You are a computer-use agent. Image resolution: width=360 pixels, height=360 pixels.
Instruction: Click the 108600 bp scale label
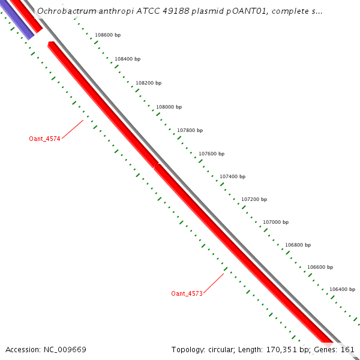tap(108, 35)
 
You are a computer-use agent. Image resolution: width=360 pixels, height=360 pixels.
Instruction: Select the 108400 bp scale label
tap(127, 59)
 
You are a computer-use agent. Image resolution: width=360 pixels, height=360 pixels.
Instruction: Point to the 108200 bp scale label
tap(148, 83)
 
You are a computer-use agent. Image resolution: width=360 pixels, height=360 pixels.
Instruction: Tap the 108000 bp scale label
tap(169, 107)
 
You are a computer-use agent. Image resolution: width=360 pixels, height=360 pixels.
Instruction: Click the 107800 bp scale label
tap(190, 130)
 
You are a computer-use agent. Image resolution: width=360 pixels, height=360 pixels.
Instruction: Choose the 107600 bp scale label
tap(211, 154)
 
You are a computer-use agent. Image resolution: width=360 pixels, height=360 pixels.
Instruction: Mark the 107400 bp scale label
tap(232, 176)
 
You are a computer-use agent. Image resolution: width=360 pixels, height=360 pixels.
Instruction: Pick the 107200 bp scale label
tap(254, 199)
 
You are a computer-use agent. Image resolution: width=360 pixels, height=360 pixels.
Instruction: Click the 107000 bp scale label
tap(275, 222)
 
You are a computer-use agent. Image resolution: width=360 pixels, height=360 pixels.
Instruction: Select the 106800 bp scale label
tap(298, 245)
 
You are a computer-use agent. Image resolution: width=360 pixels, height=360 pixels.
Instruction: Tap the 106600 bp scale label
tap(320, 267)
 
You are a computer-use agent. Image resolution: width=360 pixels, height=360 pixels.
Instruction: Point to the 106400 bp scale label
tap(342, 289)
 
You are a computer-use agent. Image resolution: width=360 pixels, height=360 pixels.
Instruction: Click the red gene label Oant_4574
tap(44, 139)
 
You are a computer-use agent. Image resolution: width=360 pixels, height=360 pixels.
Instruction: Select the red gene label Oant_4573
tap(187, 293)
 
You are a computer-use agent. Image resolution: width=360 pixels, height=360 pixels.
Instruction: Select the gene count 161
tap(348, 349)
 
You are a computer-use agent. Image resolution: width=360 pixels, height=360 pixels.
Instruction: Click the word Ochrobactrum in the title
tap(65, 11)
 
